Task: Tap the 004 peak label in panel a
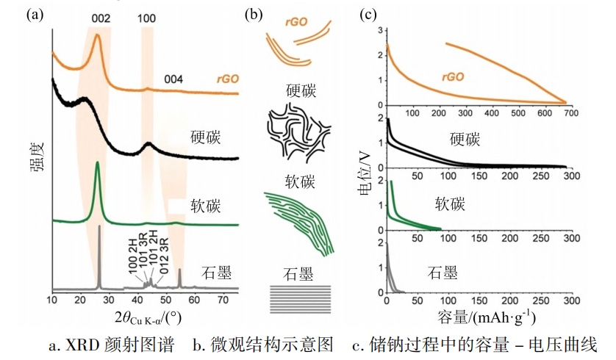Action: tap(173, 79)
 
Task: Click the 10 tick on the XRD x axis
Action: tap(52, 300)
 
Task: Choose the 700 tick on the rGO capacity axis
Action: tap(565, 113)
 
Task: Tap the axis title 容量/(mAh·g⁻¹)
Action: tap(479, 318)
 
